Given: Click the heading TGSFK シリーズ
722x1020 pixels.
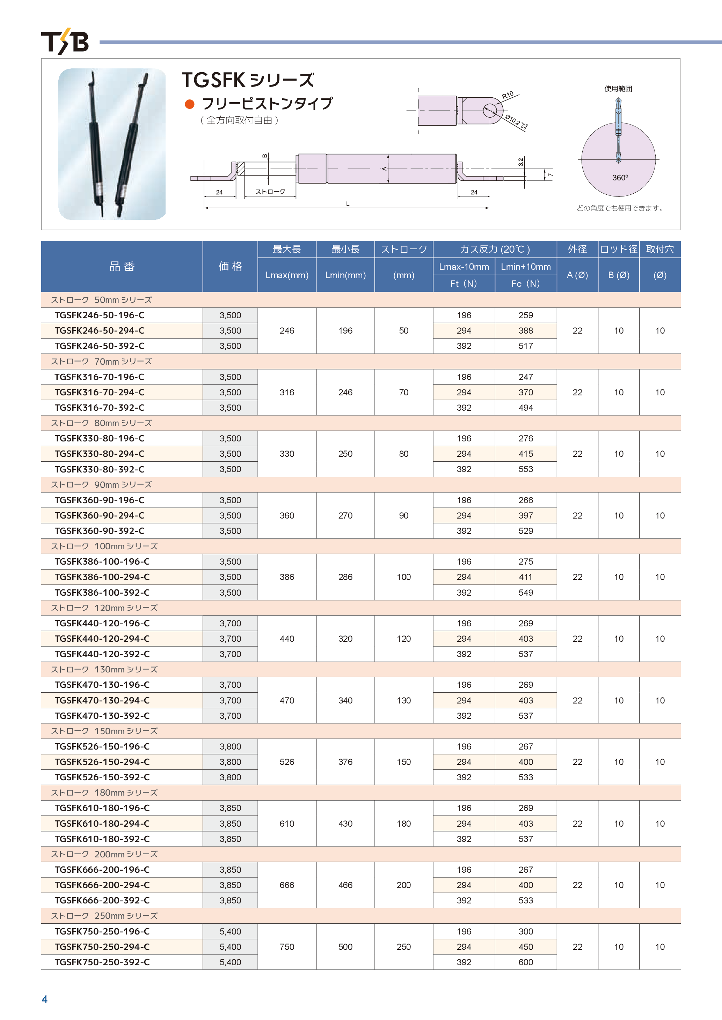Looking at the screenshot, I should (x=248, y=80).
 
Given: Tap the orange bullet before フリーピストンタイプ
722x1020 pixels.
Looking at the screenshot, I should (x=189, y=104).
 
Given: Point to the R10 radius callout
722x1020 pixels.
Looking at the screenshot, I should (x=508, y=95).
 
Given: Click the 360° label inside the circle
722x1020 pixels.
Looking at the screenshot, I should (x=620, y=178).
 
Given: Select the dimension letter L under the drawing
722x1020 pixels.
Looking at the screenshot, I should (x=348, y=204).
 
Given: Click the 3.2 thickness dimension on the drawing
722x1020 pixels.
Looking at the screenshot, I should (x=520, y=162).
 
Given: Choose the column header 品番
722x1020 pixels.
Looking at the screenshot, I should (x=122, y=266).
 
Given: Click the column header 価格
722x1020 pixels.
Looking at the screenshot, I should (x=230, y=266).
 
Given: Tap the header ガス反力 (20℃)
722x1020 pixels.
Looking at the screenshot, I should (x=495, y=249).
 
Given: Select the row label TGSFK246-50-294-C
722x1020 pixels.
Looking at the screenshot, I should (x=100, y=330).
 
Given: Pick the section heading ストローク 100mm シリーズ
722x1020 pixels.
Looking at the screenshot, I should (x=104, y=546).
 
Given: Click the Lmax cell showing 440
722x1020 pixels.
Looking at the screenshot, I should (x=287, y=639).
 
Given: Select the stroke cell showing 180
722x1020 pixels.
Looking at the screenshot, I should (x=404, y=824).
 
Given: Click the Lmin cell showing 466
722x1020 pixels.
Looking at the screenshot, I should (x=345, y=885).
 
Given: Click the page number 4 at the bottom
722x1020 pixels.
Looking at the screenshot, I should (x=44, y=999).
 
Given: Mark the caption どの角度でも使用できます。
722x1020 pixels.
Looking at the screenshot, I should (x=621, y=208).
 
